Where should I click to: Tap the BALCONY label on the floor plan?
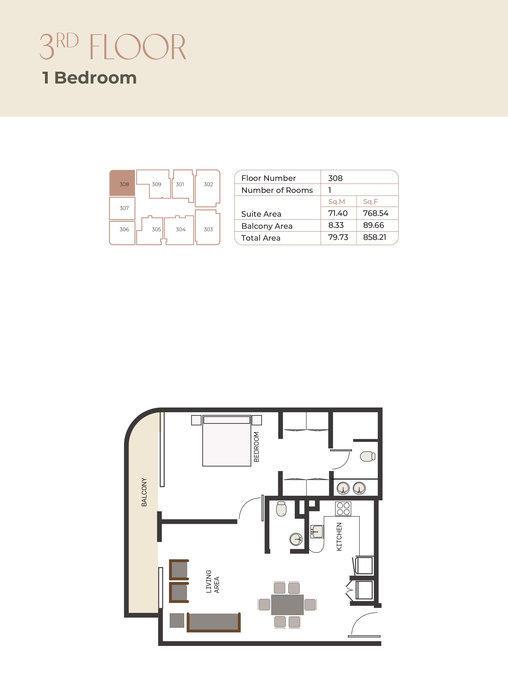[x=144, y=492]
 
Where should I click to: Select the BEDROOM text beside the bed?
[x=256, y=447]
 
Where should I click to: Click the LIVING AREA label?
[x=212, y=581]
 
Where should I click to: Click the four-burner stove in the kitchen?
[x=343, y=508]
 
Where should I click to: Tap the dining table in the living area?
[x=287, y=605]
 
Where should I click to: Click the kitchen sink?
[x=317, y=531]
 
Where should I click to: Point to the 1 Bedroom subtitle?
[x=89, y=78]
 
